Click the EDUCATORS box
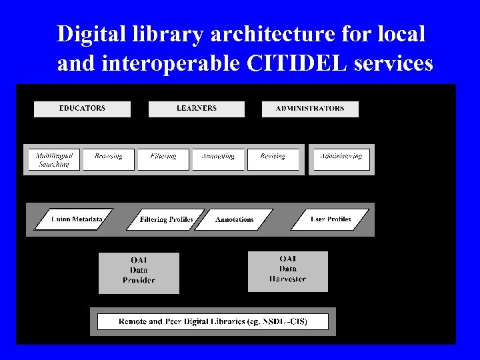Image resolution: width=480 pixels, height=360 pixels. point(82,109)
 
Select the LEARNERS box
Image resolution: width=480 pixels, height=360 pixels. point(197,109)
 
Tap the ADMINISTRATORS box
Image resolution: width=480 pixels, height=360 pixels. point(310,109)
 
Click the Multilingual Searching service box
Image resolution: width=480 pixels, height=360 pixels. point(54,159)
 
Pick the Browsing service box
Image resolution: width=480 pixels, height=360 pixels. point(109,159)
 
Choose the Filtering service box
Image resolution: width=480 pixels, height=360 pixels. point(163,159)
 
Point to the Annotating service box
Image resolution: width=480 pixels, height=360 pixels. point(218,159)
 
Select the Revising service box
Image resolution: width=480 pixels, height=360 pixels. point(273,159)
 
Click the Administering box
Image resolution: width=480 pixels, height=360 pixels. point(341,159)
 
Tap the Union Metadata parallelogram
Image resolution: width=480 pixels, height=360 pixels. point(74,219)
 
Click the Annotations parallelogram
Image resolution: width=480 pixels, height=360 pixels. point(235,219)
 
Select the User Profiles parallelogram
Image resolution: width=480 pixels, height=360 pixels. point(331,219)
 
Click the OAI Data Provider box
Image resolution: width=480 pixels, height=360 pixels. point(139,272)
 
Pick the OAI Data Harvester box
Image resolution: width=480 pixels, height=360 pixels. point(288,271)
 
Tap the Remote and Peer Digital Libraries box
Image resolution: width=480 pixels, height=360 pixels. point(213,321)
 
